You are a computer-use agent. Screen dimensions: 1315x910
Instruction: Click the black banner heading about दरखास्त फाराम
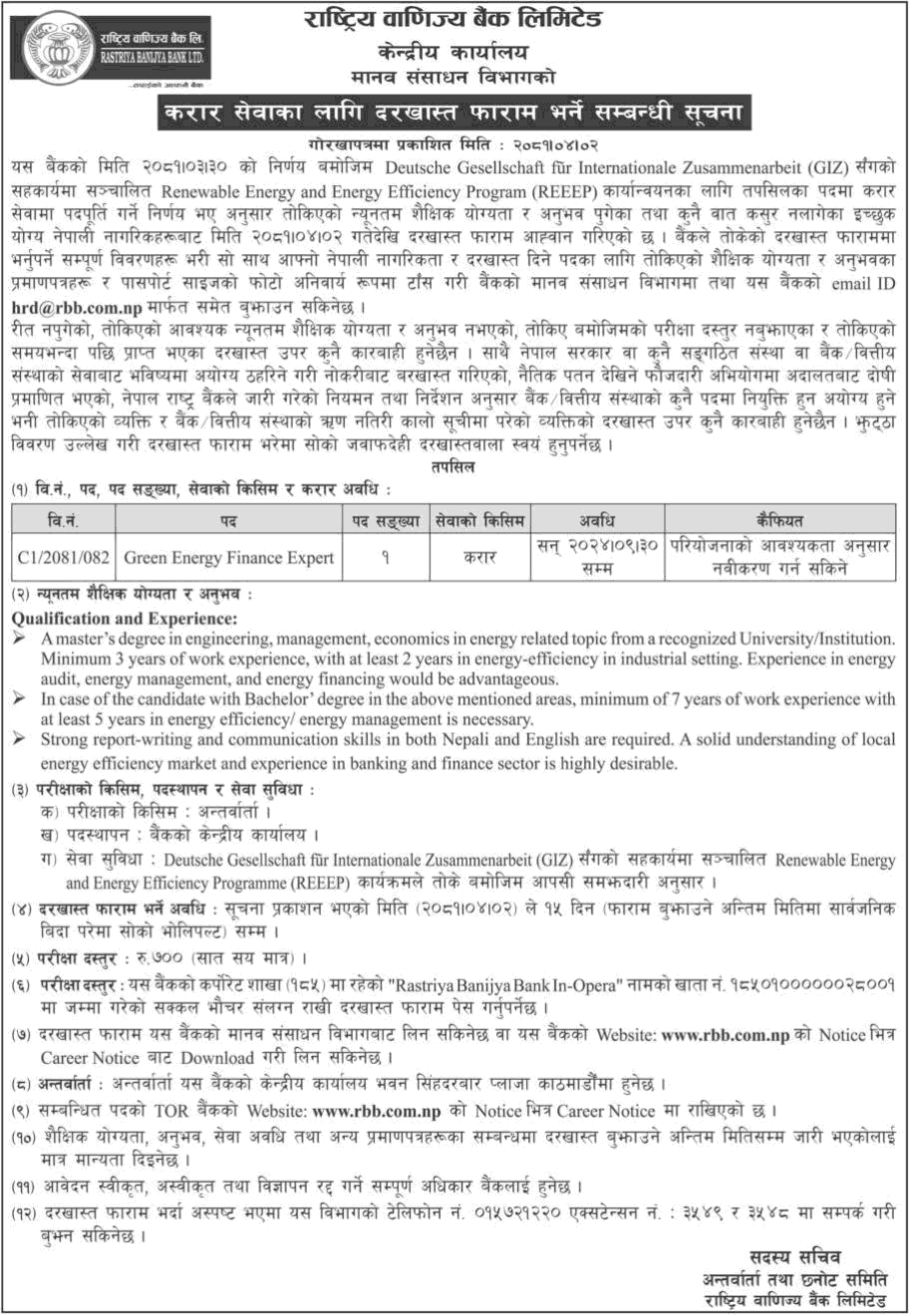point(454,112)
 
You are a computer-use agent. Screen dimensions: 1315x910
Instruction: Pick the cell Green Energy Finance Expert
point(228,558)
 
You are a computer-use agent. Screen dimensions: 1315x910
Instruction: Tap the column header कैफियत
point(780,520)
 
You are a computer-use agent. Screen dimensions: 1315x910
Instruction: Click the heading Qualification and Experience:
point(118,619)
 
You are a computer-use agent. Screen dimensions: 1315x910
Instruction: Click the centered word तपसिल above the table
point(454,470)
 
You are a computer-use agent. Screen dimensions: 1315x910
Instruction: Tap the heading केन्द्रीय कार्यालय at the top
point(454,52)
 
